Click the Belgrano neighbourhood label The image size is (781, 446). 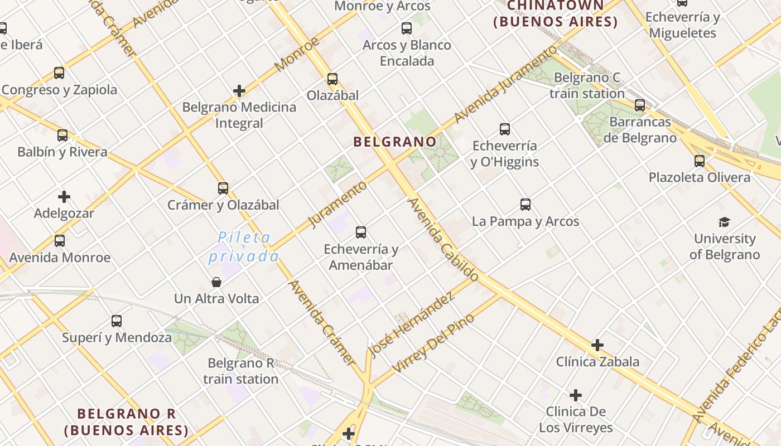[x=394, y=142]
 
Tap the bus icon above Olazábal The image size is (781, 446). [x=332, y=79]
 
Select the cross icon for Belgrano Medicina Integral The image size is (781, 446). [x=239, y=91]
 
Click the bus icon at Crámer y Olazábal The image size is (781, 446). [x=223, y=188]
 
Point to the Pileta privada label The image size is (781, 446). [x=244, y=247]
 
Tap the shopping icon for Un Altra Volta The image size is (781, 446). [x=216, y=282]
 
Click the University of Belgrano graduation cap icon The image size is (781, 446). [x=724, y=222]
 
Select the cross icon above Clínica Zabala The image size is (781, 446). [x=597, y=345]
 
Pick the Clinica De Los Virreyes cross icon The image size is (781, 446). [x=576, y=396]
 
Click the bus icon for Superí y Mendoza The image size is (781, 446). [x=117, y=321]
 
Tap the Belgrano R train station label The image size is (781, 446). [x=240, y=371]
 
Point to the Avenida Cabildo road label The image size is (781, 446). [x=443, y=240]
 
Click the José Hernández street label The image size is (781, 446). [x=411, y=325]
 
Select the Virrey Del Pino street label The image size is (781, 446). [x=433, y=343]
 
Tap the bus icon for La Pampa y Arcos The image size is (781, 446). [x=526, y=205]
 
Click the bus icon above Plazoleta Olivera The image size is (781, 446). [x=700, y=161]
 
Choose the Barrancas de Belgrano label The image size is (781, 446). [x=640, y=130]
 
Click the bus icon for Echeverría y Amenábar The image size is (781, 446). [x=361, y=232]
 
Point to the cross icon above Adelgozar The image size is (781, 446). [x=64, y=197]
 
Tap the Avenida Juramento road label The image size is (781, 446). [x=505, y=84]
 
